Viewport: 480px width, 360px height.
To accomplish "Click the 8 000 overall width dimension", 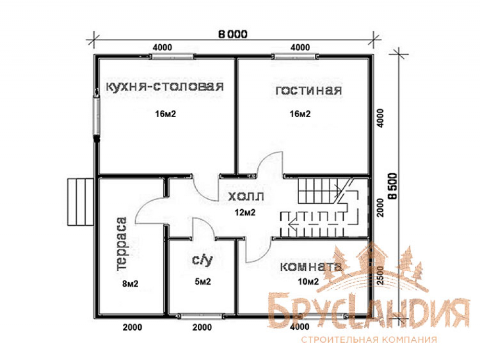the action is pos(233,34).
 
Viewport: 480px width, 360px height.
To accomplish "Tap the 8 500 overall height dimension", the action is pos(393,186).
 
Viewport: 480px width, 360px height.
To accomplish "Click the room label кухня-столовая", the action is pos(165,87).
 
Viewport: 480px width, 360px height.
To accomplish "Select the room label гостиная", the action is pos(309,90).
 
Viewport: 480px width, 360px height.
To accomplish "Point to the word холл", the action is pos(246,196).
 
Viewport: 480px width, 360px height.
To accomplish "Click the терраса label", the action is pos(121,244).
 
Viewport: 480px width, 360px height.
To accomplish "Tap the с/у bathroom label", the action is pos(202,260).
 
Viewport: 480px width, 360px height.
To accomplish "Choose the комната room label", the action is pos(311,266).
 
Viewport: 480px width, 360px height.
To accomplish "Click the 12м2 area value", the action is pos(245,212).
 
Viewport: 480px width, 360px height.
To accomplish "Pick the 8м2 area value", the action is pos(131,284).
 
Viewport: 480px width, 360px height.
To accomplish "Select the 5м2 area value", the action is pos(203,281).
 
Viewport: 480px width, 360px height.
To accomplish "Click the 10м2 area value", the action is pos(308,281).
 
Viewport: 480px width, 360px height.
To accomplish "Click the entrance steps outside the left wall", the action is pos(81,202).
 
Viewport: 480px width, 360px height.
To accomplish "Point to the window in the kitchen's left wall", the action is pos(97,115).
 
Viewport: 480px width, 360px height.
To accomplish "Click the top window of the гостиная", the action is pos(295,57).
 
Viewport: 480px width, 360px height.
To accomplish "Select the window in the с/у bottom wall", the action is pos(200,316).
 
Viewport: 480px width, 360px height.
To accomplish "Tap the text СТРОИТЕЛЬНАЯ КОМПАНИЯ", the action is pos(369,339).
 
